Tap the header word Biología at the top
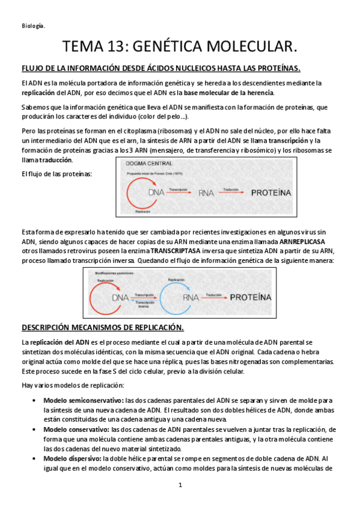click(x=33, y=25)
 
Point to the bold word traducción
click(x=56, y=159)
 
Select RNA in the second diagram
click(x=191, y=297)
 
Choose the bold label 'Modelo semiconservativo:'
click(x=75, y=400)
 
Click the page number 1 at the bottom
click(x=180, y=485)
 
